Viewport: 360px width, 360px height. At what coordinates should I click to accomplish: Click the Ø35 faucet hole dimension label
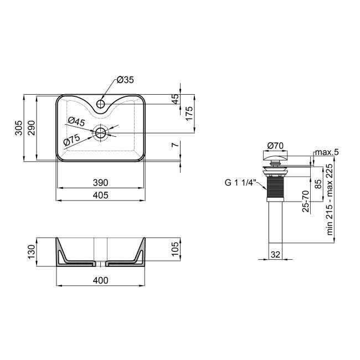(x=126, y=80)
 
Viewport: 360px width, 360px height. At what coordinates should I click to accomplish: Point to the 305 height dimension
(x=18, y=128)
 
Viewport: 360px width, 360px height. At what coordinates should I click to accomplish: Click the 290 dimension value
(x=32, y=128)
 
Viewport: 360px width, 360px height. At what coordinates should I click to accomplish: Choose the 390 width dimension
(x=100, y=182)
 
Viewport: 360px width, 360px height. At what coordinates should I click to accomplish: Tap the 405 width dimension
(x=100, y=194)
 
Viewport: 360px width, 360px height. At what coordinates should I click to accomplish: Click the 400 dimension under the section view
(x=100, y=281)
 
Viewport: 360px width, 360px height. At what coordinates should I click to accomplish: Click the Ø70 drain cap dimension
(x=275, y=146)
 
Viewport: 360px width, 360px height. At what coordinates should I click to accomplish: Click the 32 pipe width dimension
(x=275, y=255)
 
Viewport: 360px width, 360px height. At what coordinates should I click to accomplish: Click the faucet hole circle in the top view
(x=101, y=103)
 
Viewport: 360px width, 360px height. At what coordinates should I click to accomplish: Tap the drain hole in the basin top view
(x=101, y=132)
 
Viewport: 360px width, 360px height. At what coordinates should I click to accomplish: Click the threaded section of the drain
(x=275, y=188)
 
